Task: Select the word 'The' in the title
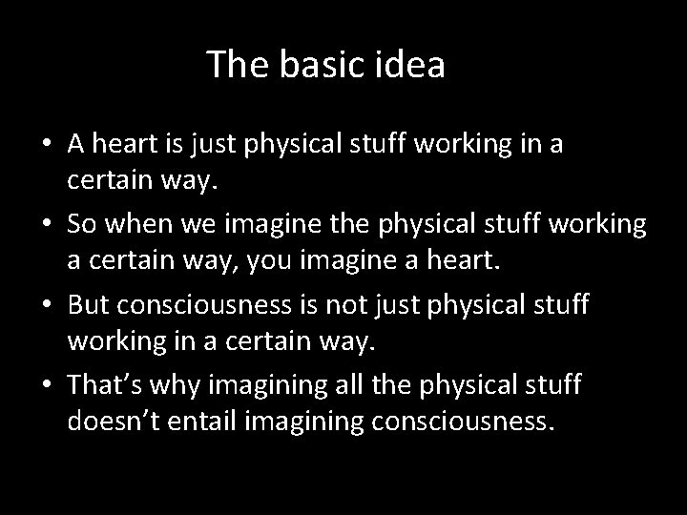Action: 233,65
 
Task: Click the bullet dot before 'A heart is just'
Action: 47,145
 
